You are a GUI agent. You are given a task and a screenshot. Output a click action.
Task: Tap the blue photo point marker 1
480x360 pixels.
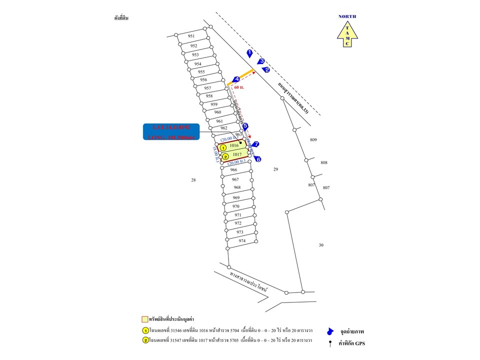click(x=249, y=52)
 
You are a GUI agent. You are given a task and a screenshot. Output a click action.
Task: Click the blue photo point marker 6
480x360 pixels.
click(x=257, y=159)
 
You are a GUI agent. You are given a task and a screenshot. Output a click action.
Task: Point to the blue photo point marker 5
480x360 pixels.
click(x=245, y=127)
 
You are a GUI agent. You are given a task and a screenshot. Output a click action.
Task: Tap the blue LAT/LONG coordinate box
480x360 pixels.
click(x=171, y=131)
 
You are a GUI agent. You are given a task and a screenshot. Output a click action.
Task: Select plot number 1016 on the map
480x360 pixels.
click(x=234, y=145)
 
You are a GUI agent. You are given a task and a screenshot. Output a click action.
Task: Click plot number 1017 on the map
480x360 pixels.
click(x=237, y=155)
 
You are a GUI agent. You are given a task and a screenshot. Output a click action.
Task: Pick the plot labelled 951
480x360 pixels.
click(x=191, y=36)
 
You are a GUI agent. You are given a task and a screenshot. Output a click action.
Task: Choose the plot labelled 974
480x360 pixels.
click(x=242, y=241)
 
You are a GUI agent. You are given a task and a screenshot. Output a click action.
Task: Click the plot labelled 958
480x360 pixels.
click(x=209, y=96)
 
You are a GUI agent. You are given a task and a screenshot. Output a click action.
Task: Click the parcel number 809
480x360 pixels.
click(x=313, y=140)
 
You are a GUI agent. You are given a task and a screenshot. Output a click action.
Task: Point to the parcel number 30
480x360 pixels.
click(x=321, y=245)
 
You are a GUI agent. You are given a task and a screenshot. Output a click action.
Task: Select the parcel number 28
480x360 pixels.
click(x=193, y=180)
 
